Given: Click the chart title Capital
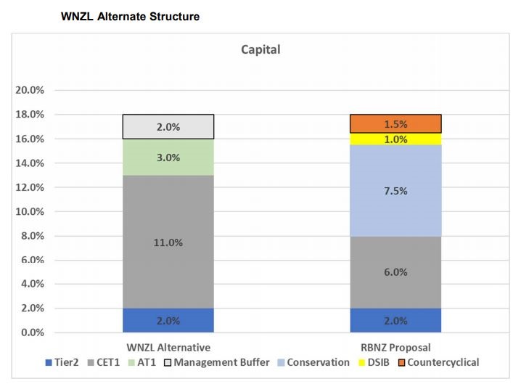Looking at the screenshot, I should point(260,50).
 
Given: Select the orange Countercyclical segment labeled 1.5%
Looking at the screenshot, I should point(395,123).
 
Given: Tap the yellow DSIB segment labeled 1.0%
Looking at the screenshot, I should point(395,139).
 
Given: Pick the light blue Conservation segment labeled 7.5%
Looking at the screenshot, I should point(395,190).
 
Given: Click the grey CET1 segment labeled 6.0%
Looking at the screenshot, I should point(395,271).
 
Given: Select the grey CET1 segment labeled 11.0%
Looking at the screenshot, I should point(168,242).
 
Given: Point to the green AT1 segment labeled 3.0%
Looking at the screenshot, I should point(168,157).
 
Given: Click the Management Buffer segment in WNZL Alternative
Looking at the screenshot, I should point(168,126).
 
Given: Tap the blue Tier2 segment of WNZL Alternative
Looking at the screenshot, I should point(168,320).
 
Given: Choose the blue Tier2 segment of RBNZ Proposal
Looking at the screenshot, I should point(395,320).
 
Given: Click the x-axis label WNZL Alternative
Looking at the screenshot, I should point(168,347).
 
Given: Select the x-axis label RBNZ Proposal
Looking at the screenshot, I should point(395,347).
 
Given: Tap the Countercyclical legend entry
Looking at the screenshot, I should point(443,362).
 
